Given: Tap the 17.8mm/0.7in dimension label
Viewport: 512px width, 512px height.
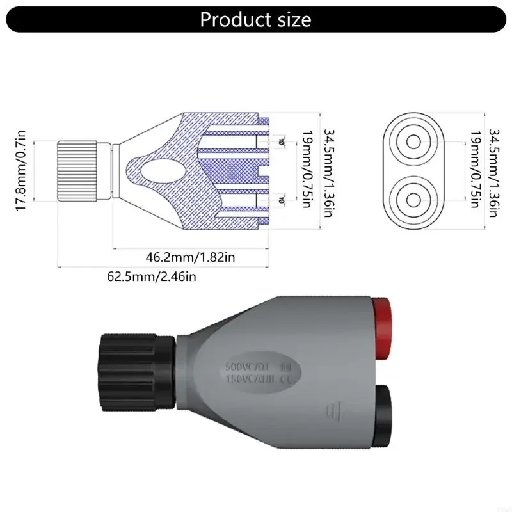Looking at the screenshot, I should click(x=20, y=170).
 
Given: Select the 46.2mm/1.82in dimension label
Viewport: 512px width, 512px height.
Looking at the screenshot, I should click(x=191, y=257).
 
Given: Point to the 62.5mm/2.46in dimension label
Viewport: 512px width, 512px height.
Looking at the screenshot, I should click(x=151, y=277).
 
